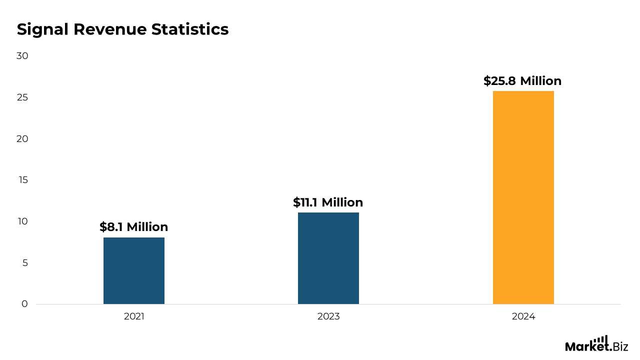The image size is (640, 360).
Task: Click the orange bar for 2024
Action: (x=523, y=197)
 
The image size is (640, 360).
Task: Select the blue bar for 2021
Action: (x=134, y=270)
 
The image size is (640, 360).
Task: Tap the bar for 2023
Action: (x=328, y=258)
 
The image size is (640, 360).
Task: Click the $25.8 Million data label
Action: (x=522, y=81)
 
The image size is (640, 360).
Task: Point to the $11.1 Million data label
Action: (x=328, y=202)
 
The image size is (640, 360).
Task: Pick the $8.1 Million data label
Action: (x=134, y=227)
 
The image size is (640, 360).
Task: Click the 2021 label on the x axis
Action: (x=134, y=316)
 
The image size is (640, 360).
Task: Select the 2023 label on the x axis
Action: (x=328, y=316)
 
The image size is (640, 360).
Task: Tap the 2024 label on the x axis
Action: (x=523, y=316)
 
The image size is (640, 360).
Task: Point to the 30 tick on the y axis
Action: (x=22, y=56)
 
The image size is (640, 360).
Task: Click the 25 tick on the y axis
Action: (x=22, y=97)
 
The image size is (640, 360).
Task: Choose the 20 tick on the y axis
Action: (x=22, y=139)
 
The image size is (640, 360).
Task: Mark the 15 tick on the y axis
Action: (x=22, y=180)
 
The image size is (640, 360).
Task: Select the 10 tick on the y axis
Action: (x=22, y=221)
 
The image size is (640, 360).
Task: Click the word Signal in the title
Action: (x=43, y=30)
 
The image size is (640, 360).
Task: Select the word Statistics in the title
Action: (x=190, y=29)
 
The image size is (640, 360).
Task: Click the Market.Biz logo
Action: (x=596, y=344)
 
